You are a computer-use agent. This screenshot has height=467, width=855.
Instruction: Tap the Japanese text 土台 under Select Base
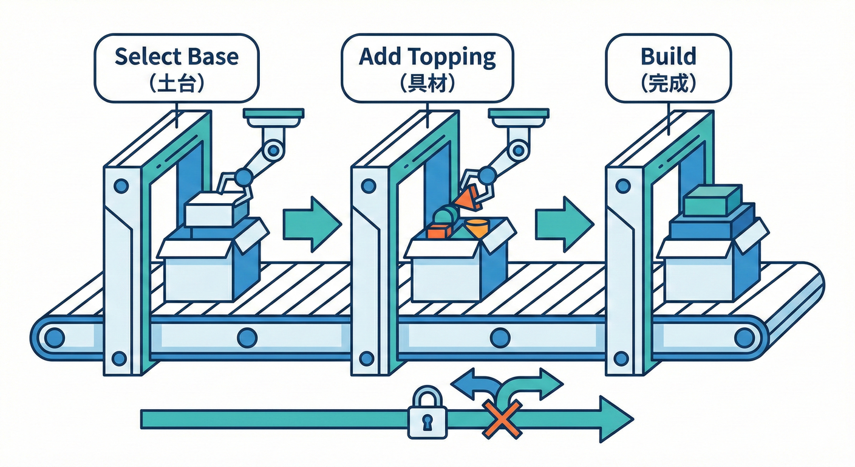pos(176,83)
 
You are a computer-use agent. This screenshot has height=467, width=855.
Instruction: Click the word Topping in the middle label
pos(452,57)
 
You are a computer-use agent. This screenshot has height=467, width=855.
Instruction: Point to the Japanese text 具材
pos(428,83)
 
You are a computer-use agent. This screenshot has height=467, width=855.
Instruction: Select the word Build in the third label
pos(668,57)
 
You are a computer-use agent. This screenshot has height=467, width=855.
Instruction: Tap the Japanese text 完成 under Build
pos(668,83)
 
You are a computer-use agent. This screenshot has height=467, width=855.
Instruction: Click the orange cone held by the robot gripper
pos(466,198)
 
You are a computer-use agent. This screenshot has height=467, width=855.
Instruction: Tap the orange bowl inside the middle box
pos(477,227)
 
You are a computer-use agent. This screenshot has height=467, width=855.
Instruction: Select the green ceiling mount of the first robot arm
pos(273,114)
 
